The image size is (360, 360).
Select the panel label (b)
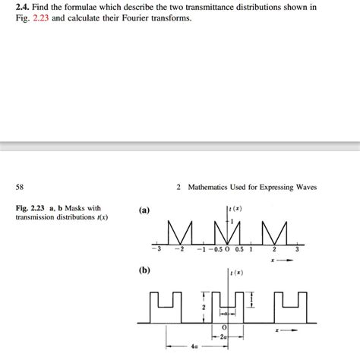coord(145,269)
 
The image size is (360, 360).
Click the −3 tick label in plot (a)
coord(156,249)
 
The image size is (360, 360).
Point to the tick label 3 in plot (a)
coord(298,249)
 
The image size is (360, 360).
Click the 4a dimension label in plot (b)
coord(196,346)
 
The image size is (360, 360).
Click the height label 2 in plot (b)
coord(203,307)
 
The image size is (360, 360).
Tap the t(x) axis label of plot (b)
coord(237,271)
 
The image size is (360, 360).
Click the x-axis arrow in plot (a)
coord(284,260)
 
